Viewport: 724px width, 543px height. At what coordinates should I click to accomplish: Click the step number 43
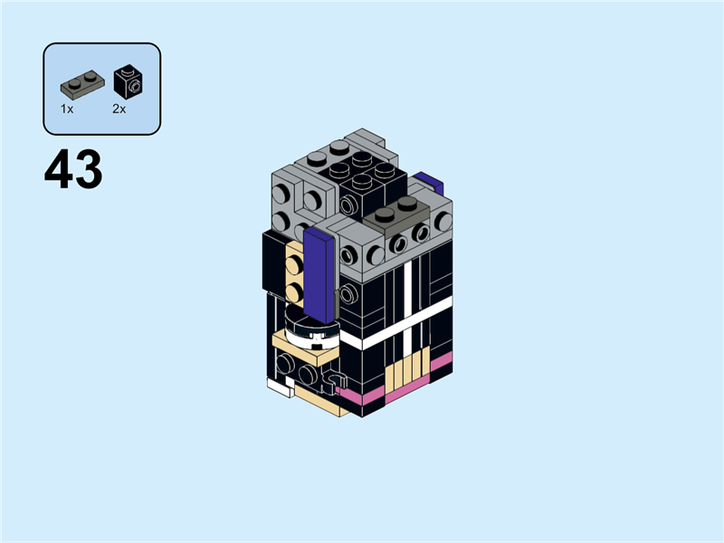coord(72,170)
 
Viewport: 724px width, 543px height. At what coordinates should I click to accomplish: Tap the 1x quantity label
coord(67,109)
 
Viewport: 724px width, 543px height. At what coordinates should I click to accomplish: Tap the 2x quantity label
coord(119,109)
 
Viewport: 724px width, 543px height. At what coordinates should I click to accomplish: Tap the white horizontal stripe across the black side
coord(407,328)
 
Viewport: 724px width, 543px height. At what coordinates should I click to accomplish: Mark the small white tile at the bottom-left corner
coord(280,386)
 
